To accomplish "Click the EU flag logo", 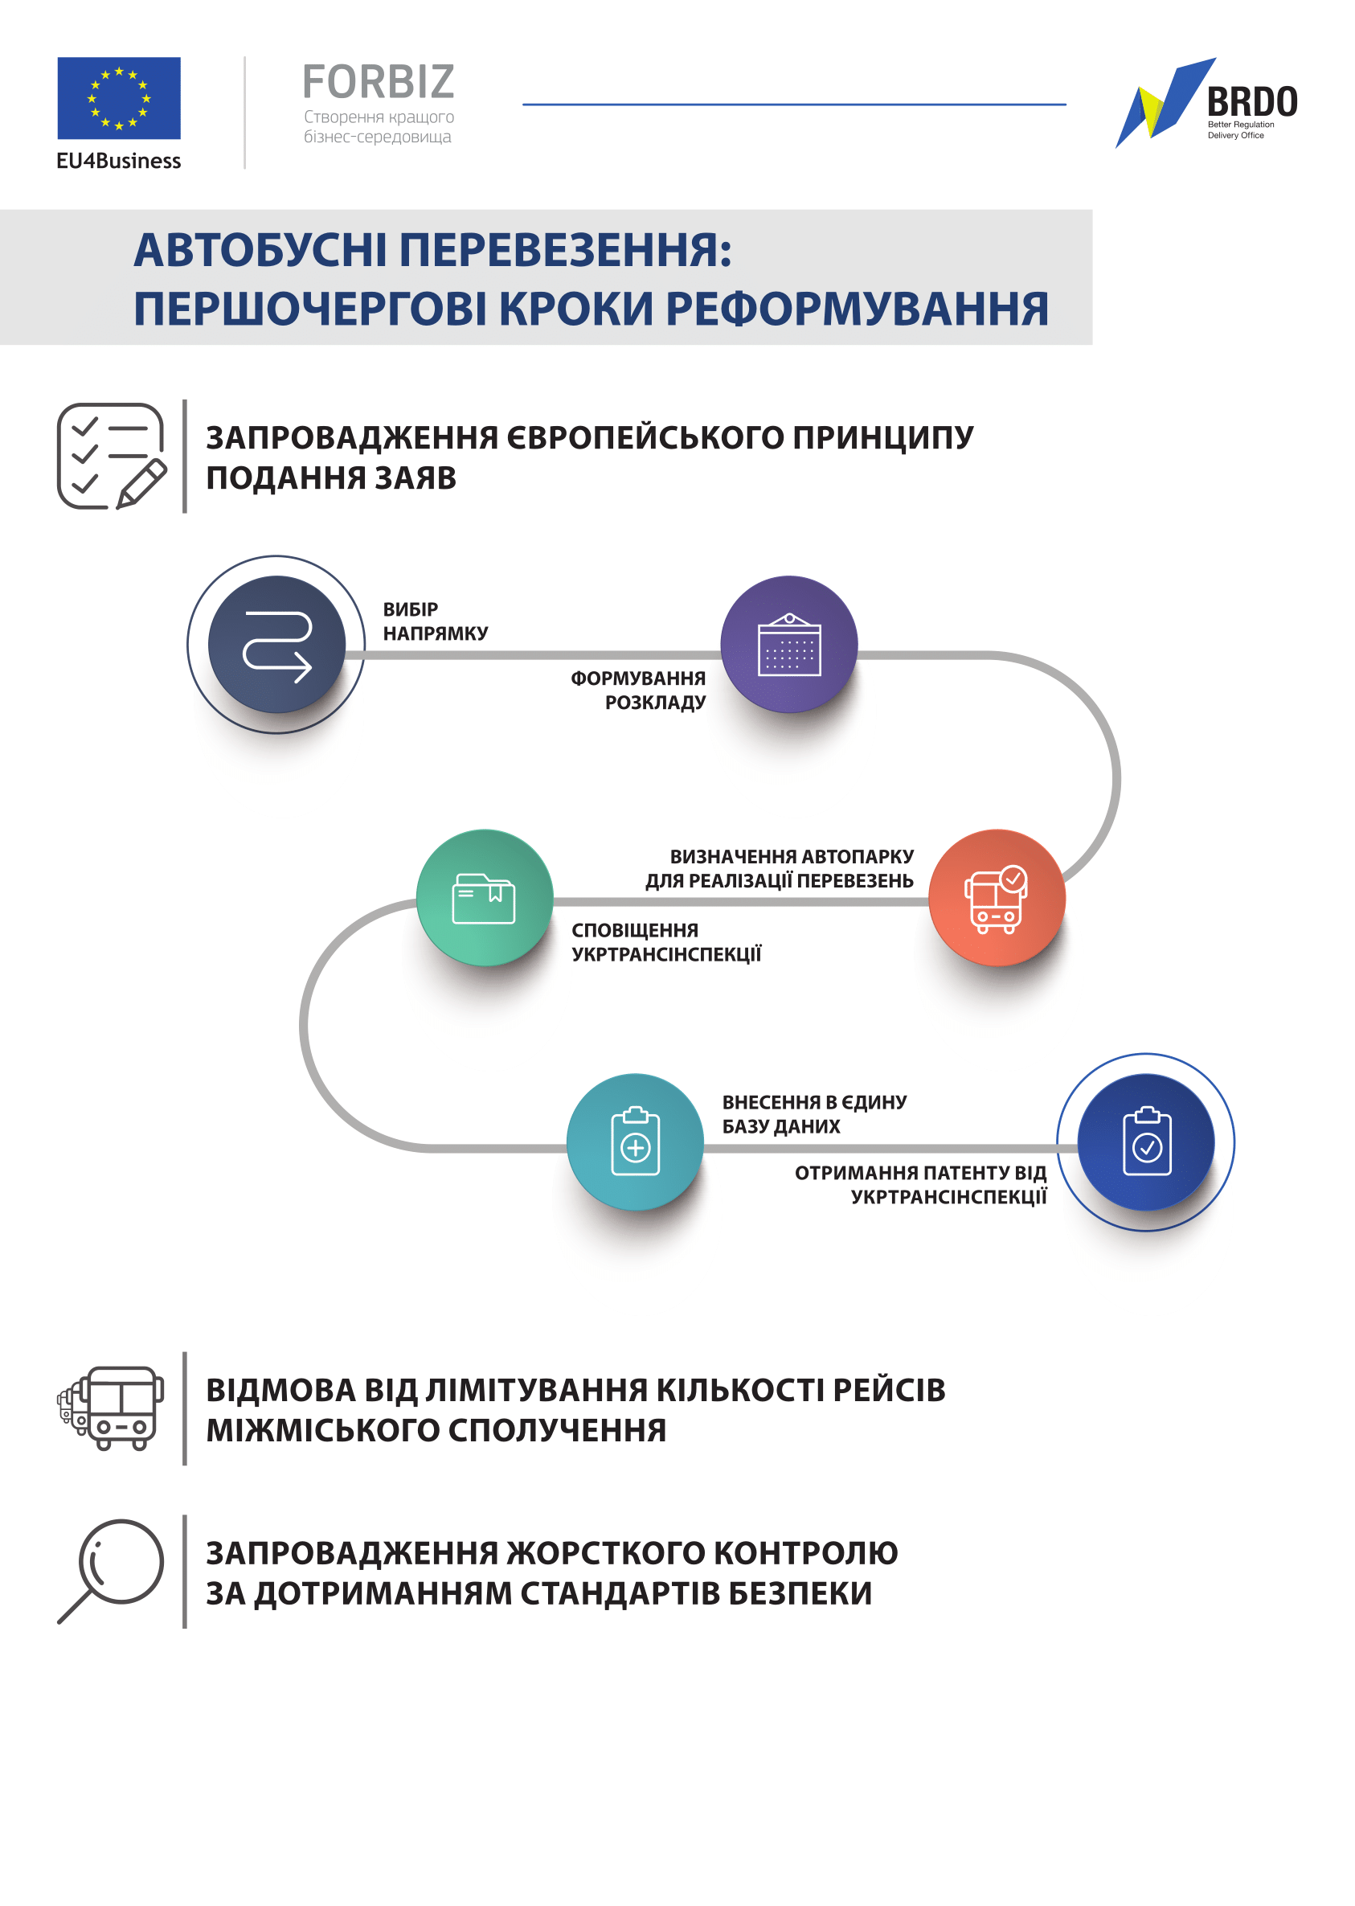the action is pyautogui.click(x=118, y=97).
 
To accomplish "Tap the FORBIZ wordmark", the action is pyautogui.click(x=379, y=82).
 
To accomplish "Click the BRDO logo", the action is pyautogui.click(x=1206, y=103).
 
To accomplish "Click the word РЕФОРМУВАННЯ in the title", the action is pyautogui.click(x=857, y=309).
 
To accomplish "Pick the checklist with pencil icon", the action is pyautogui.click(x=112, y=457).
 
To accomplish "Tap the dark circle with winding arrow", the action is pyautogui.click(x=276, y=644).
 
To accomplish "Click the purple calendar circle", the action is pyautogui.click(x=789, y=644).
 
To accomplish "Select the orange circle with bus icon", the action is pyautogui.click(x=997, y=898).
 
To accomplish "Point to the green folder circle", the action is pyautogui.click(x=485, y=898).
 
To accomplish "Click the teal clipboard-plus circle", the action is pyautogui.click(x=635, y=1142).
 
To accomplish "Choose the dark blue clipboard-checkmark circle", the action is pyautogui.click(x=1146, y=1142).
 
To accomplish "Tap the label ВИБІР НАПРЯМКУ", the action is pyautogui.click(x=436, y=621).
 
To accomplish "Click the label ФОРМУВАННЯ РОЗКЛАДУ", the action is pyautogui.click(x=638, y=691).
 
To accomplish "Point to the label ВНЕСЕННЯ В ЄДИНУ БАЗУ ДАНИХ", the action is pyautogui.click(x=814, y=1114).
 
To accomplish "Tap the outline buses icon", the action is pyautogui.click(x=110, y=1408).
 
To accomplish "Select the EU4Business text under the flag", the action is pyautogui.click(x=118, y=161).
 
